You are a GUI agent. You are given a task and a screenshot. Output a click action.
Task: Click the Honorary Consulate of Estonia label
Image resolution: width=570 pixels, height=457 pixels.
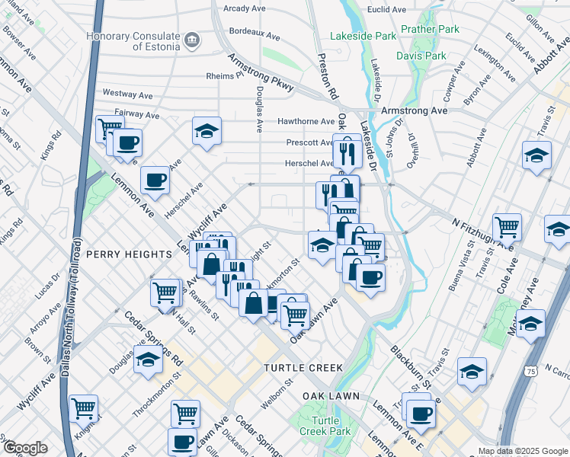[133, 41]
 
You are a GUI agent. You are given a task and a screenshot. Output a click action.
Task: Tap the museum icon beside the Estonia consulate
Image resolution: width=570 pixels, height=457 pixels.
[191, 39]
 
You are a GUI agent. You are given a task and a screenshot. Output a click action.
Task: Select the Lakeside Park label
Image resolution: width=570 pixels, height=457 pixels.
[363, 36]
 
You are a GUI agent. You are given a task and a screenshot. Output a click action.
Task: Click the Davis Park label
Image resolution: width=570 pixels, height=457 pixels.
[421, 56]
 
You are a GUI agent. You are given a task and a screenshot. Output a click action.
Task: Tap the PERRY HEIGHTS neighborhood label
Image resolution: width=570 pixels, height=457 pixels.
[129, 254]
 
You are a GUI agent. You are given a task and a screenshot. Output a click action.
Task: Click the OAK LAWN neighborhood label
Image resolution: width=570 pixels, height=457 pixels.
[331, 397]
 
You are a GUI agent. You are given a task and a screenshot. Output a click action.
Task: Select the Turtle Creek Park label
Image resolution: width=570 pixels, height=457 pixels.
[325, 427]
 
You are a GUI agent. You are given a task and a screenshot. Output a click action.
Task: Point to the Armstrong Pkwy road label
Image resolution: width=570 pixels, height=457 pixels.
[261, 74]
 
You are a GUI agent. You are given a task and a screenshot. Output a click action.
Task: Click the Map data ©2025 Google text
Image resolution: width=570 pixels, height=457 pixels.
[522, 451]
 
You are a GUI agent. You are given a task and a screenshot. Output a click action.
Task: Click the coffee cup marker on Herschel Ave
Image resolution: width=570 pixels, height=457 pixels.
[155, 181]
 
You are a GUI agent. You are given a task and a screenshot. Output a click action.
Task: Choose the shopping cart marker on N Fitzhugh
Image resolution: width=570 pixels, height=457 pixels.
[507, 226]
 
